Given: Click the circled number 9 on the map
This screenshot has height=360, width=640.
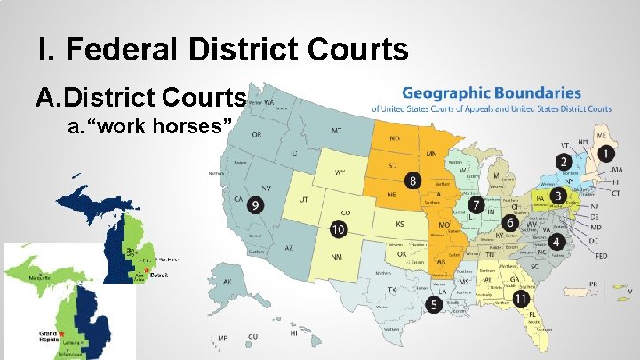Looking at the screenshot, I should click(x=257, y=204).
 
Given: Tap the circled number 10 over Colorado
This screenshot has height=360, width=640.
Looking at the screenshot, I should click(x=338, y=228).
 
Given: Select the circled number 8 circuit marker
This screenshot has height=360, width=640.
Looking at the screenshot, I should click(x=412, y=180).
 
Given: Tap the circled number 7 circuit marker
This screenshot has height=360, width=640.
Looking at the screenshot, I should click(x=476, y=204).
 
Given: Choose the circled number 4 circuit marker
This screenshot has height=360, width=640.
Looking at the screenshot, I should click(x=557, y=241).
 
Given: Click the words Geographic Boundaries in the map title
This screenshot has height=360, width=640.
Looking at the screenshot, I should click(x=492, y=92).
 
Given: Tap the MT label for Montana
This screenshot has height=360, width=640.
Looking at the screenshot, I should click(x=336, y=130).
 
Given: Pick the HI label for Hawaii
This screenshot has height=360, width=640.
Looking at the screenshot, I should click(x=293, y=333).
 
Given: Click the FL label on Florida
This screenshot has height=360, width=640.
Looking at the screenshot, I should click(x=532, y=315).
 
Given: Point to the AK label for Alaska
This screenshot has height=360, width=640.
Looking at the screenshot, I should click(x=228, y=282).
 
